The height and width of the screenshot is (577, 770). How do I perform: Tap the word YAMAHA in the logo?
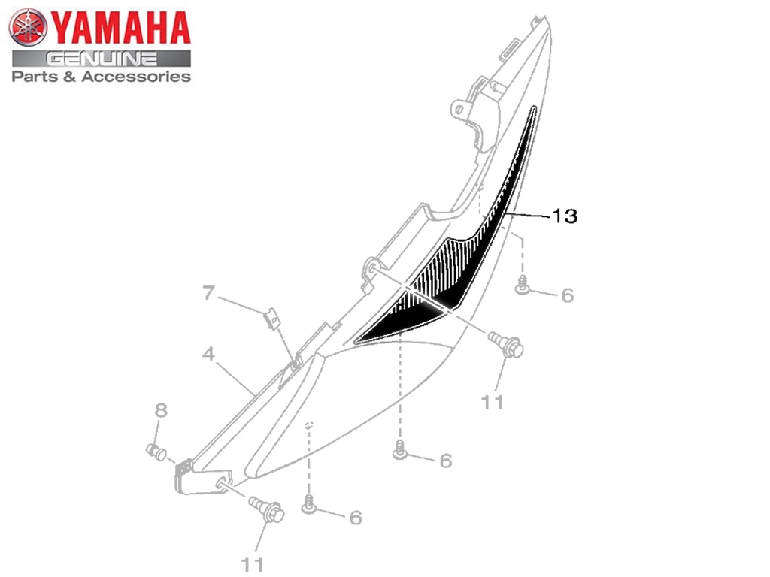tap(119, 29)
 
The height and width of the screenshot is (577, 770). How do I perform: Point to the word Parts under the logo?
tap(38, 77)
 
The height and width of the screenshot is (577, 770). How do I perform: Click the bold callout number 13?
tap(565, 216)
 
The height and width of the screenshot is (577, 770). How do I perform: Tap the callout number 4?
tap(208, 353)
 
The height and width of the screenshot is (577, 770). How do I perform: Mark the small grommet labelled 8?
tap(155, 452)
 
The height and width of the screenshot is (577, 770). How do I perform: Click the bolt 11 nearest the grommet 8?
tap(266, 509)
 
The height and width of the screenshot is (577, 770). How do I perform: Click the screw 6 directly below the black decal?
tap(400, 451)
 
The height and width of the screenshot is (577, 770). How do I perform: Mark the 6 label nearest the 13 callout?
tap(567, 295)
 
